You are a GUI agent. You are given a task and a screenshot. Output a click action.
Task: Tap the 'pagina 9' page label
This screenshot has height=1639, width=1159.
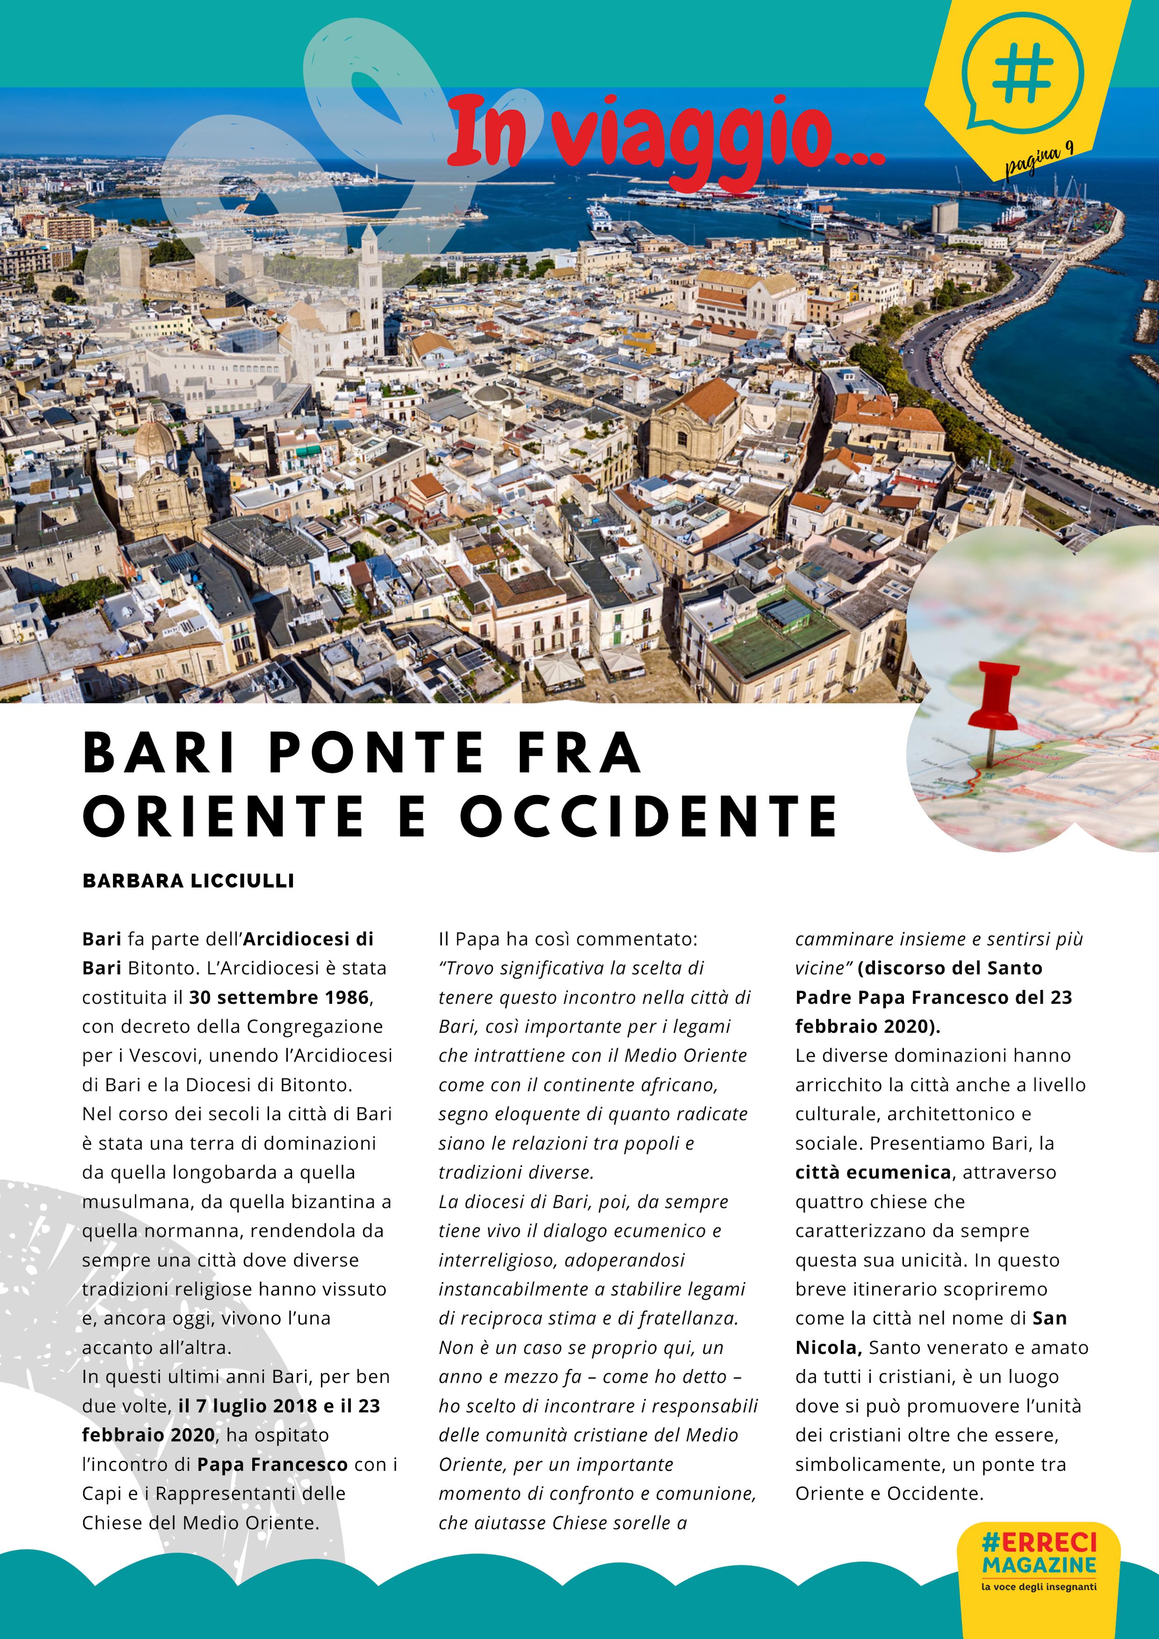point(1039,158)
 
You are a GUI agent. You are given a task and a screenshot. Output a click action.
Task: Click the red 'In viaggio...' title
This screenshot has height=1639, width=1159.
point(666,135)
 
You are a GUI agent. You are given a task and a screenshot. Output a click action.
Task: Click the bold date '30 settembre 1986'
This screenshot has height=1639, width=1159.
point(278,997)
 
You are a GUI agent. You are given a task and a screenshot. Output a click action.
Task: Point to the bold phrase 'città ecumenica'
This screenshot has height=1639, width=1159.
point(873,1172)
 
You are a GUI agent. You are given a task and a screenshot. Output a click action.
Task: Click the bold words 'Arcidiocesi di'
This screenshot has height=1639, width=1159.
point(308,939)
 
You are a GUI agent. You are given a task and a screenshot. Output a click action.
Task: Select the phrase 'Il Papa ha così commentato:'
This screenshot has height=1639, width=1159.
point(568,939)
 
